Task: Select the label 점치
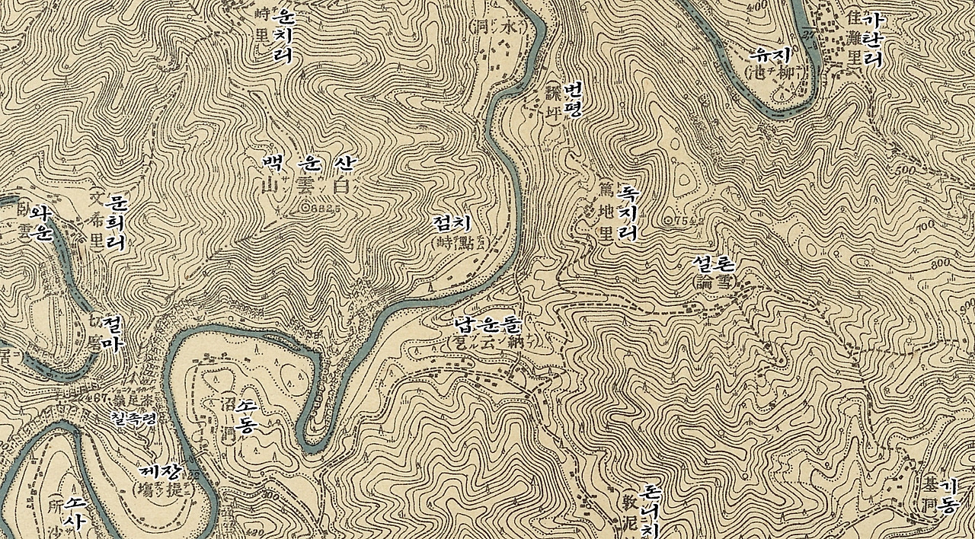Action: (452, 223)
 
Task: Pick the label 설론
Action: (714, 264)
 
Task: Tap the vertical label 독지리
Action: (628, 212)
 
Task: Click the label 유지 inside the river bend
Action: (772, 55)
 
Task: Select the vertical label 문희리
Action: (117, 223)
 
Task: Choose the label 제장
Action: (164, 472)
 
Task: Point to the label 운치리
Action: (284, 35)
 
